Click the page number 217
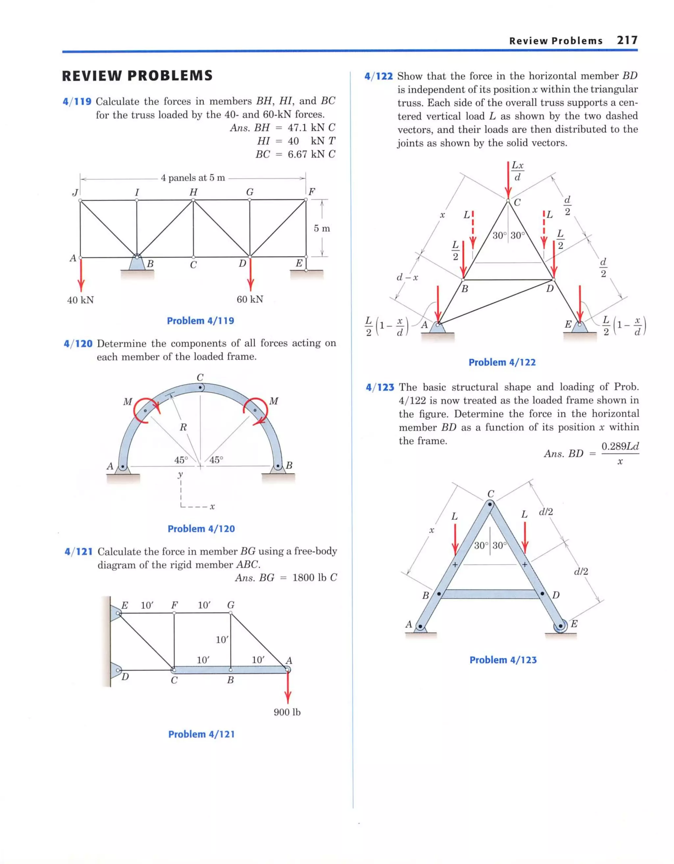tap(627, 41)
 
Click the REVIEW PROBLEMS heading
tap(137, 75)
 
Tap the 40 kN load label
tap(80, 300)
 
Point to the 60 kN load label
tap(250, 299)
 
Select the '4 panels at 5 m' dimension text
tap(193, 178)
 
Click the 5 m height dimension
tap(322, 228)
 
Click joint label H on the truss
tap(193, 192)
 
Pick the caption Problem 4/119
tap(200, 321)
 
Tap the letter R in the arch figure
tap(183, 427)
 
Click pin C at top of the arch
tap(200, 387)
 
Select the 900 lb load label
tap(287, 712)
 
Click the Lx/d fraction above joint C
tap(517, 171)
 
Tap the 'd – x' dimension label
tap(407, 277)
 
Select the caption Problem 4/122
tap(502, 362)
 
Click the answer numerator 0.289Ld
tap(619, 446)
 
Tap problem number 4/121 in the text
tap(78, 551)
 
